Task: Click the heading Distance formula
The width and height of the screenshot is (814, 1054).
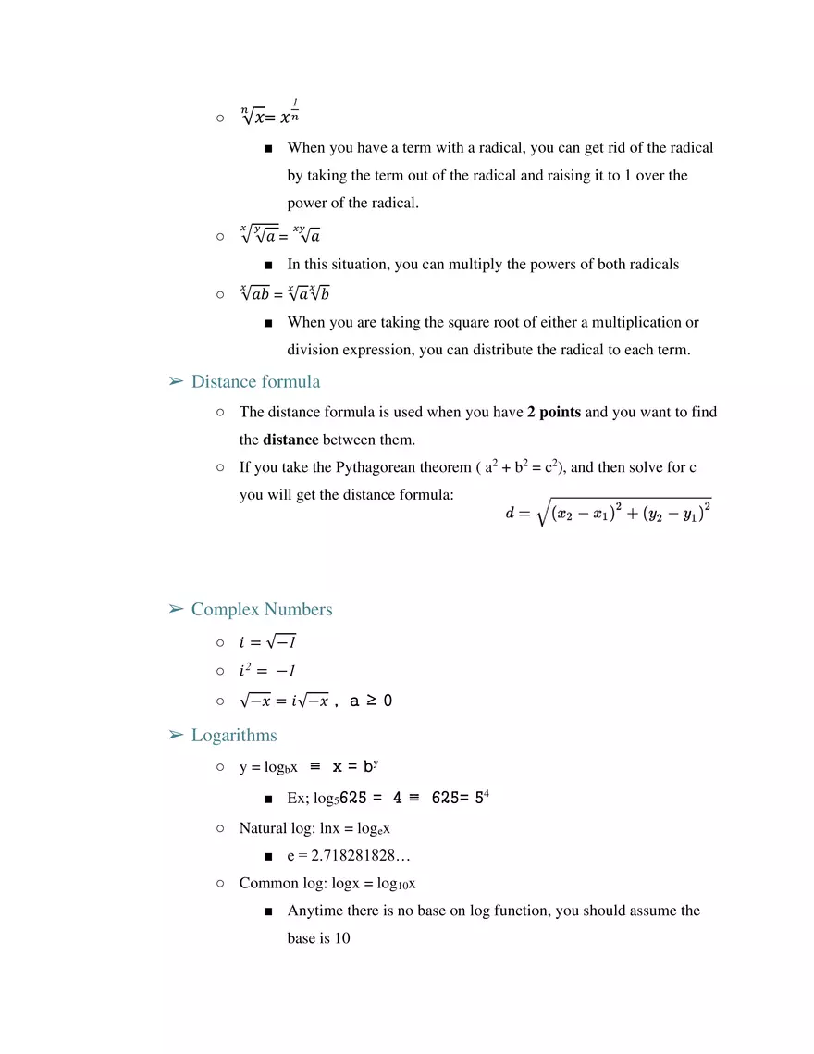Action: tap(255, 381)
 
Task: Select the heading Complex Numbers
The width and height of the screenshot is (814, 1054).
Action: tap(262, 609)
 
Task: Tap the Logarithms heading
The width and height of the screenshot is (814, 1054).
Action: tap(234, 735)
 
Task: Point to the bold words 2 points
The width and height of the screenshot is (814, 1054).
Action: tap(554, 412)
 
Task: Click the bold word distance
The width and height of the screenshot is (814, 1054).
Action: tap(290, 440)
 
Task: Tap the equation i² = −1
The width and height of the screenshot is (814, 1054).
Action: tap(267, 670)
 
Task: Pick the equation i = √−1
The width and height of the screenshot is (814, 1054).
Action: tap(267, 641)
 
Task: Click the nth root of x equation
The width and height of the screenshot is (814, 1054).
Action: tap(270, 115)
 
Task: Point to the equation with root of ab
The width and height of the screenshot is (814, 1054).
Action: tap(284, 294)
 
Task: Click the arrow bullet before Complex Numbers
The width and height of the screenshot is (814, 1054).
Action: tap(176, 609)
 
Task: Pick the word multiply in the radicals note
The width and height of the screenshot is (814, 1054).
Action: tap(477, 264)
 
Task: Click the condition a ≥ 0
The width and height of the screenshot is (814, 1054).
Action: tap(371, 701)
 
